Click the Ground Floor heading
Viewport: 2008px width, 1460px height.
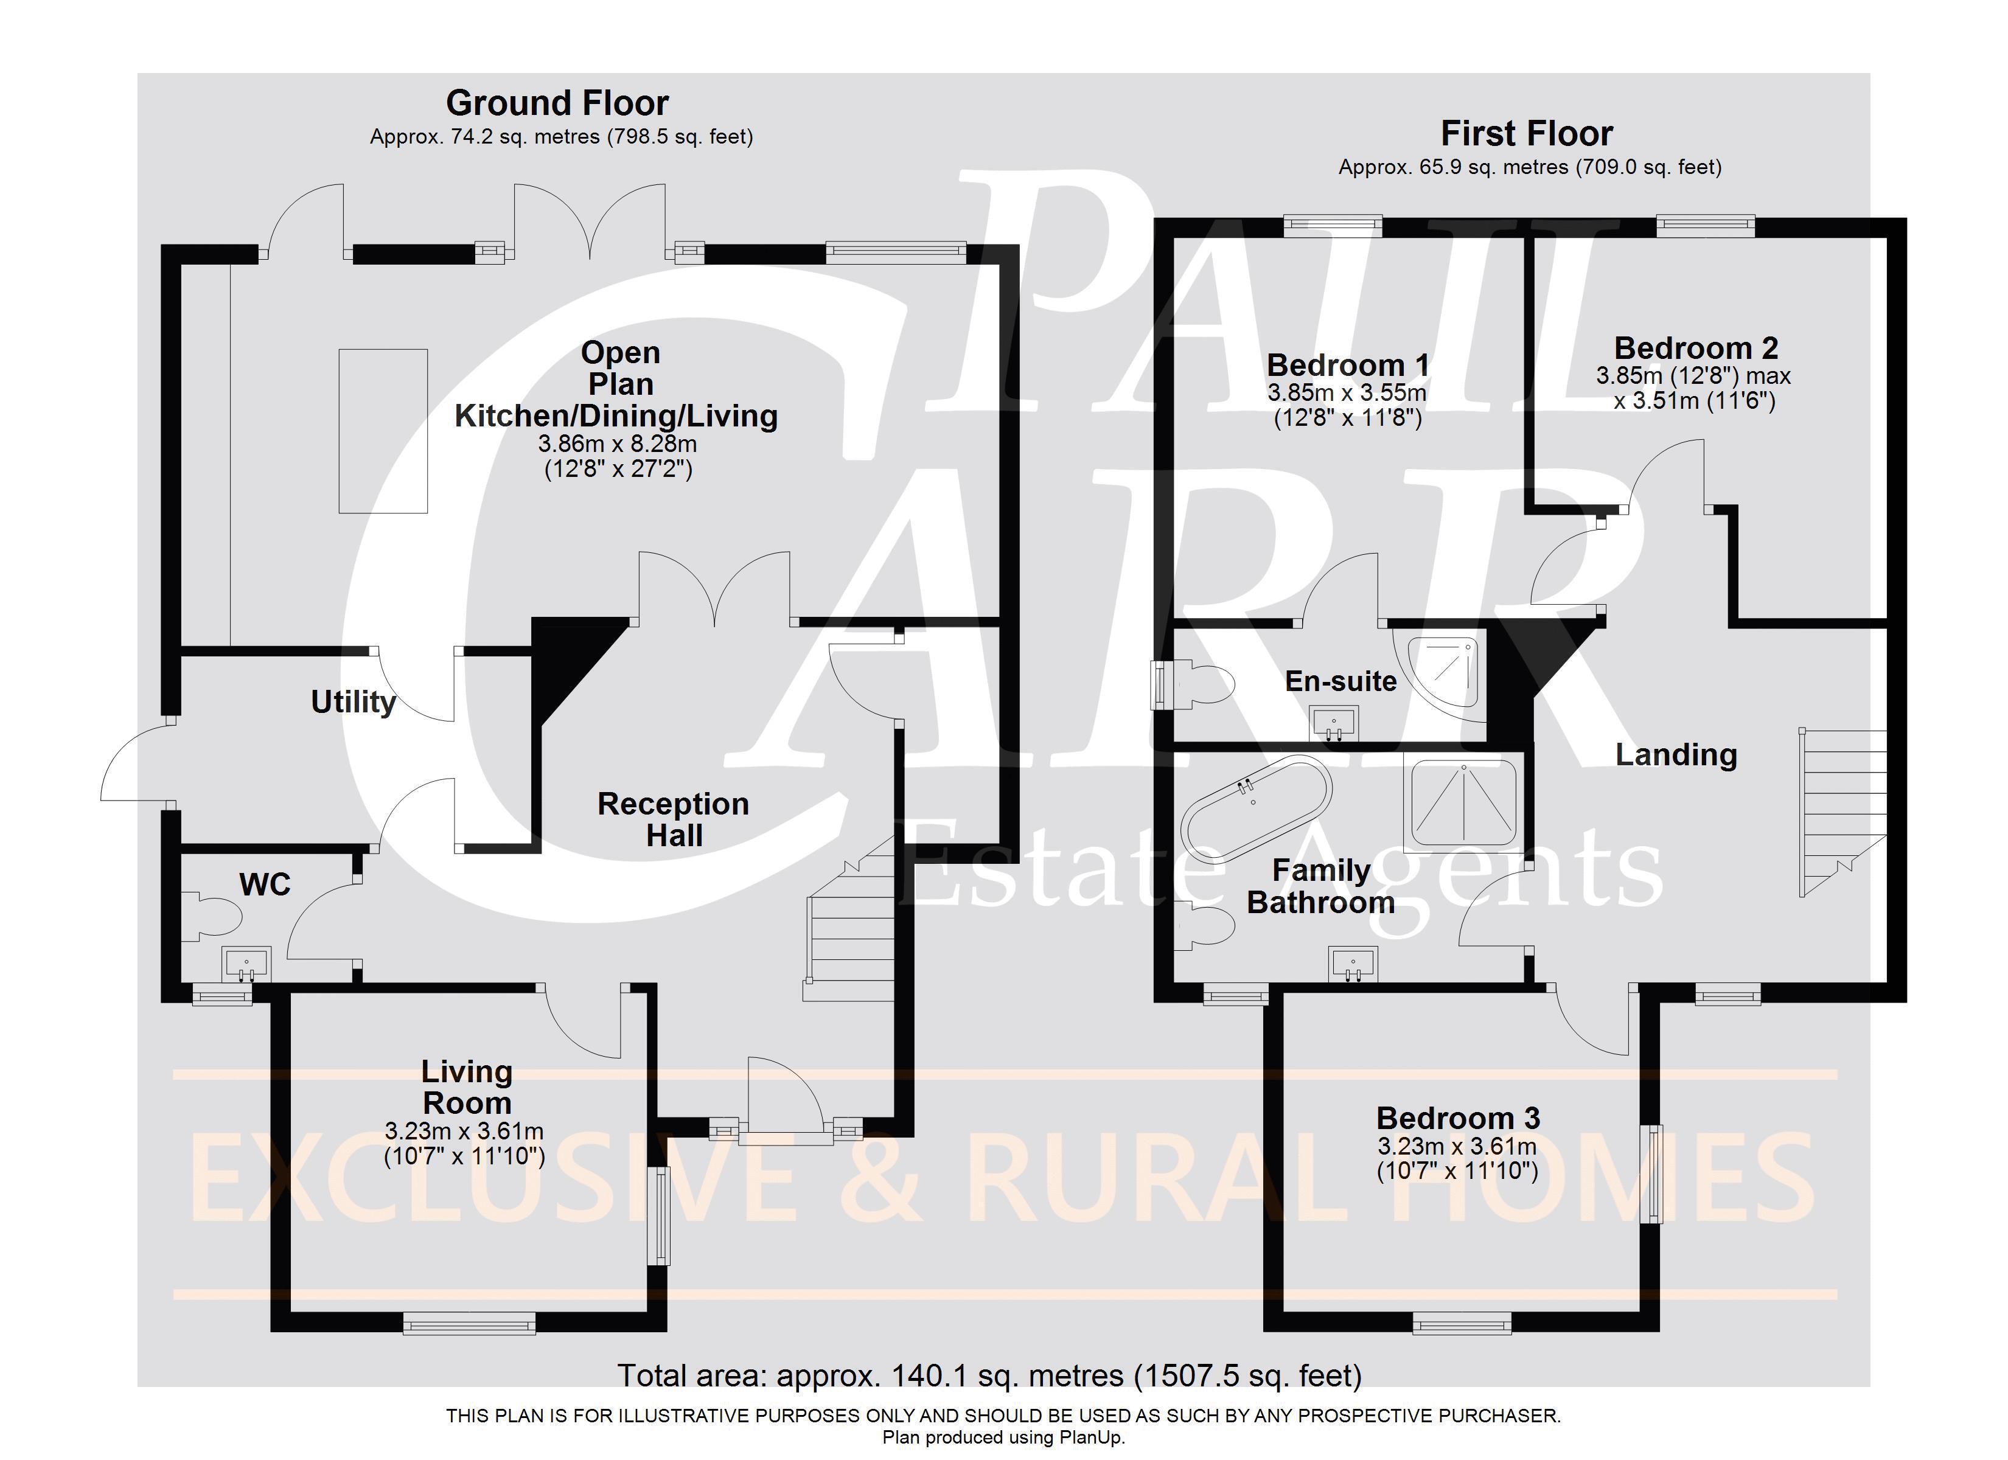557,103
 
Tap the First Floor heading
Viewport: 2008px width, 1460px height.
1526,134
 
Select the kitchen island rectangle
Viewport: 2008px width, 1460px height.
383,431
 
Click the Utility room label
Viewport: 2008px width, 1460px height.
354,702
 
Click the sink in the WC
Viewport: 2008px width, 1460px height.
246,964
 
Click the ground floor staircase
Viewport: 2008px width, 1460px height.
850,921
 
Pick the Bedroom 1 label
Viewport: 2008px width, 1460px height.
1348,365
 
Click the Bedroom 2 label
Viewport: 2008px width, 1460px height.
1695,348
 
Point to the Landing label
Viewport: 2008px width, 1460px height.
1676,754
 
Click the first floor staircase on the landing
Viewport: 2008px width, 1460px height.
1841,813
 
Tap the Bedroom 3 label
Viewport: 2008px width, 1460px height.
1457,1118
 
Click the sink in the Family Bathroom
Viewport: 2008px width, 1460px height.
1352,965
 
